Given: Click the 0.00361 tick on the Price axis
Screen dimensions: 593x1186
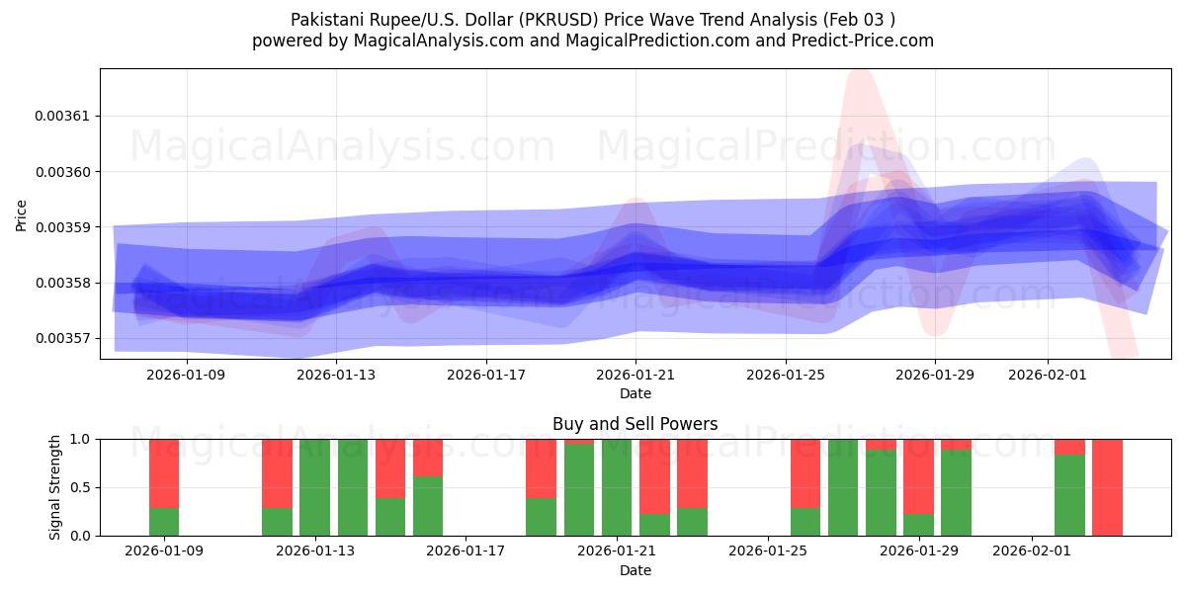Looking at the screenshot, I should tap(61, 116).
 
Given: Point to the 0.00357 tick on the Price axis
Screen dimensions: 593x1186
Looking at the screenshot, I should tap(61, 338).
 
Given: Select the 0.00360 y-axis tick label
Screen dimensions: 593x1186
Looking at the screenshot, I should tap(61, 172).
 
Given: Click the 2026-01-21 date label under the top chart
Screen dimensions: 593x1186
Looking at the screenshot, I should tap(635, 375).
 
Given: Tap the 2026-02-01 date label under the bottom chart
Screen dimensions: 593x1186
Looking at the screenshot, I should tap(1031, 551).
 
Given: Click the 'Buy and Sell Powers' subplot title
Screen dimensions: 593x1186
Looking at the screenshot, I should tap(635, 424).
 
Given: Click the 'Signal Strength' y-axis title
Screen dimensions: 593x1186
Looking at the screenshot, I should tap(55, 487).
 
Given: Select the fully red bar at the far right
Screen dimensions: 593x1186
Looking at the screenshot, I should tap(1107, 487).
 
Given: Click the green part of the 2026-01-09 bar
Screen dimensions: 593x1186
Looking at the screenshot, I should tap(164, 522).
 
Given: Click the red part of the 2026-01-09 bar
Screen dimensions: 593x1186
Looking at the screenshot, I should tap(164, 472).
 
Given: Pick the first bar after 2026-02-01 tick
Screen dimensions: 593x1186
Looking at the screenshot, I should tap(1069, 494).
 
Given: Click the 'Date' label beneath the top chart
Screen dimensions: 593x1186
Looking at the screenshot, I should tap(635, 393).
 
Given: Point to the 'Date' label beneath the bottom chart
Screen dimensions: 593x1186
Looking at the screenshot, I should tap(635, 570).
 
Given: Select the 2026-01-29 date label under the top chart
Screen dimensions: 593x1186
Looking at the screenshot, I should tap(935, 375).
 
